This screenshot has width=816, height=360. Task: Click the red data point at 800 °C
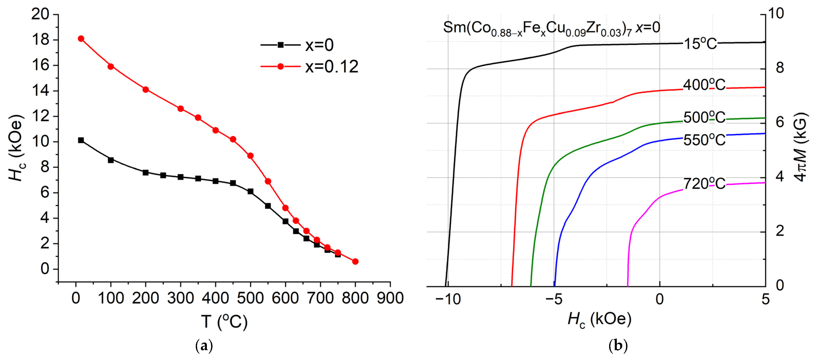(355, 261)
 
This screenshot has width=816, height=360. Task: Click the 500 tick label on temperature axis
(250, 298)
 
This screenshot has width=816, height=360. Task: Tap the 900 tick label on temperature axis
(390, 298)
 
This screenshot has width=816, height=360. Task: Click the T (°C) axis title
(224, 322)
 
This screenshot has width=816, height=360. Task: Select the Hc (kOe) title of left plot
(16, 148)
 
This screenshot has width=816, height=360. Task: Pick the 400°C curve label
(704, 85)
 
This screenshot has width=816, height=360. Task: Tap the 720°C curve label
(704, 184)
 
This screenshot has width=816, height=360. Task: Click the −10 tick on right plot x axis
(448, 299)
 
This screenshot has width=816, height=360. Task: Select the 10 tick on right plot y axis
(779, 14)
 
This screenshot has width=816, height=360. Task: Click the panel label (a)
(204, 346)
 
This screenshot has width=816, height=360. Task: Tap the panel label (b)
(618, 346)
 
